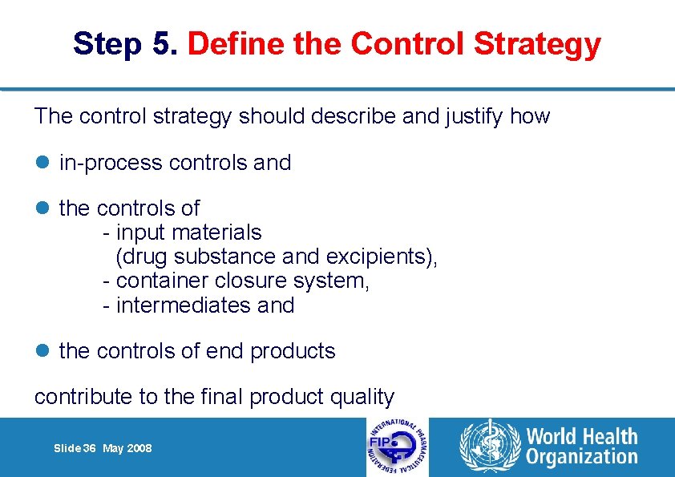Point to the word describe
pos(360,116)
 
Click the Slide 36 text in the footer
pos(74,448)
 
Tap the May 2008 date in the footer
pos(127,448)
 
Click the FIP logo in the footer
pos(397,447)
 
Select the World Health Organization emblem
pos(488,447)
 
